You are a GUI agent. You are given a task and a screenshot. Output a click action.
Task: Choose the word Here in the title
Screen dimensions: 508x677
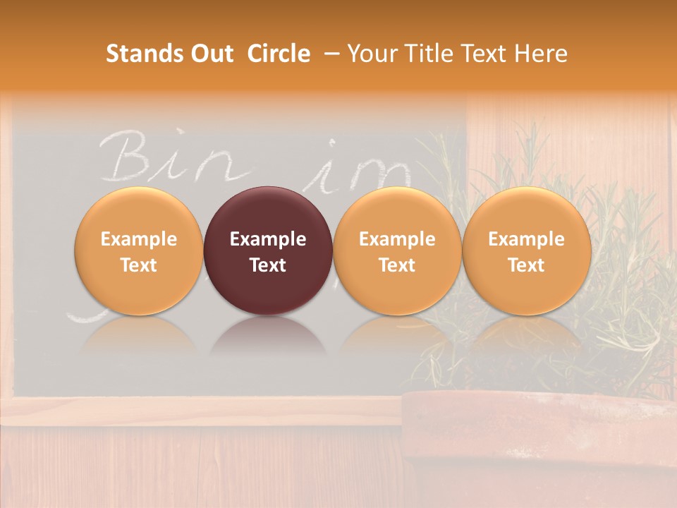[542, 54]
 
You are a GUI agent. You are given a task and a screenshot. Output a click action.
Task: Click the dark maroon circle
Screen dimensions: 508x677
[268, 250]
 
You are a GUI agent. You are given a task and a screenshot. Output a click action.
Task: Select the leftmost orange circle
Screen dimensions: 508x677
[138, 250]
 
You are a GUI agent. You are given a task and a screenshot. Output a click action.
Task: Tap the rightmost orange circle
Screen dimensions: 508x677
[526, 250]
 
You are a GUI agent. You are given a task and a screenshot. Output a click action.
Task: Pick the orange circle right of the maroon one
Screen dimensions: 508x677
[397, 250]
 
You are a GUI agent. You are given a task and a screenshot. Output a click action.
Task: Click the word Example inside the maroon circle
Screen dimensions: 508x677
[268, 239]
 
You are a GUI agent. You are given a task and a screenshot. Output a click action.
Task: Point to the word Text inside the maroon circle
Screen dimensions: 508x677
[268, 265]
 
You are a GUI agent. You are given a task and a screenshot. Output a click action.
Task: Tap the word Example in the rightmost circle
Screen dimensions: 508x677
[526, 239]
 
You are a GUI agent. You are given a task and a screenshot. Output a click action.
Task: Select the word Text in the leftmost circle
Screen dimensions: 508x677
[138, 265]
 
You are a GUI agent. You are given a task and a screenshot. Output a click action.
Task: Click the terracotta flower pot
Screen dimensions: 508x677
[536, 445]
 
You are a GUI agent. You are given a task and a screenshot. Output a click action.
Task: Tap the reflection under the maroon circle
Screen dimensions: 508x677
[268, 335]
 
